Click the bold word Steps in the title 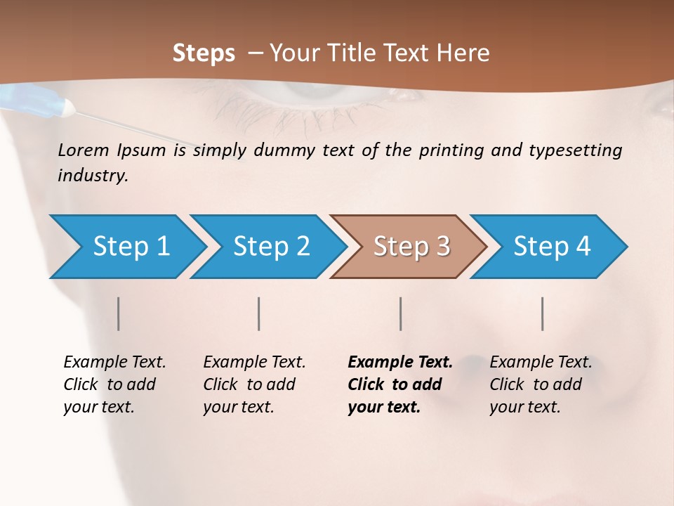204,53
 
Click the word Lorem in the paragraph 84,150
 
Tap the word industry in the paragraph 92,175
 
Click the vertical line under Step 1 118,313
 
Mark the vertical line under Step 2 259,313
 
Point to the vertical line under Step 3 400,313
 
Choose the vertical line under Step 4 542,313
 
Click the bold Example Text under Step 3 400,363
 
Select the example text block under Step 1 114,384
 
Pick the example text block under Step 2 253,384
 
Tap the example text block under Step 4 540,384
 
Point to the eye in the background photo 295,95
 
